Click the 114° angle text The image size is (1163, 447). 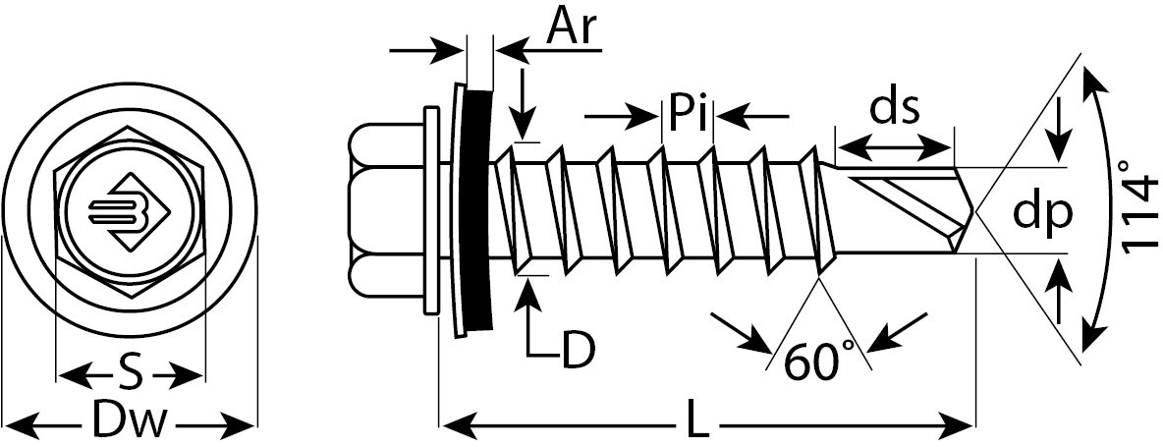[1139, 214]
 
